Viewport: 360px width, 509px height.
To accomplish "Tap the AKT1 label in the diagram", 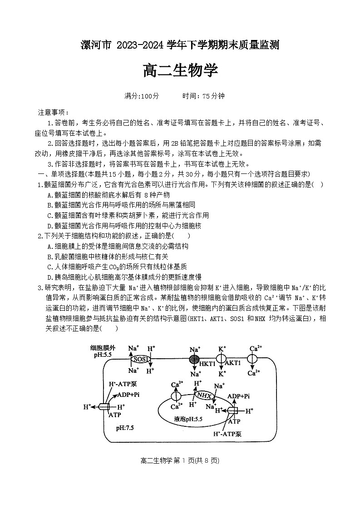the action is [x=233, y=363].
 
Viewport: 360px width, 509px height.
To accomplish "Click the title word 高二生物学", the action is [x=180, y=71].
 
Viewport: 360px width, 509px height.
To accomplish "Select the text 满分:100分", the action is [x=142, y=96].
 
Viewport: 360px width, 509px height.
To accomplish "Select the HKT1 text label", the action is [x=208, y=363].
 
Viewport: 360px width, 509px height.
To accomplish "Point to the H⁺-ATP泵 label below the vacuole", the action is [x=227, y=434].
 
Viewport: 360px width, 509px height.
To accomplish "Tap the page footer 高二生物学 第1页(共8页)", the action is [x=180, y=460].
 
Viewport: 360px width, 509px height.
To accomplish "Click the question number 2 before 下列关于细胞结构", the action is [x=40, y=236].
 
